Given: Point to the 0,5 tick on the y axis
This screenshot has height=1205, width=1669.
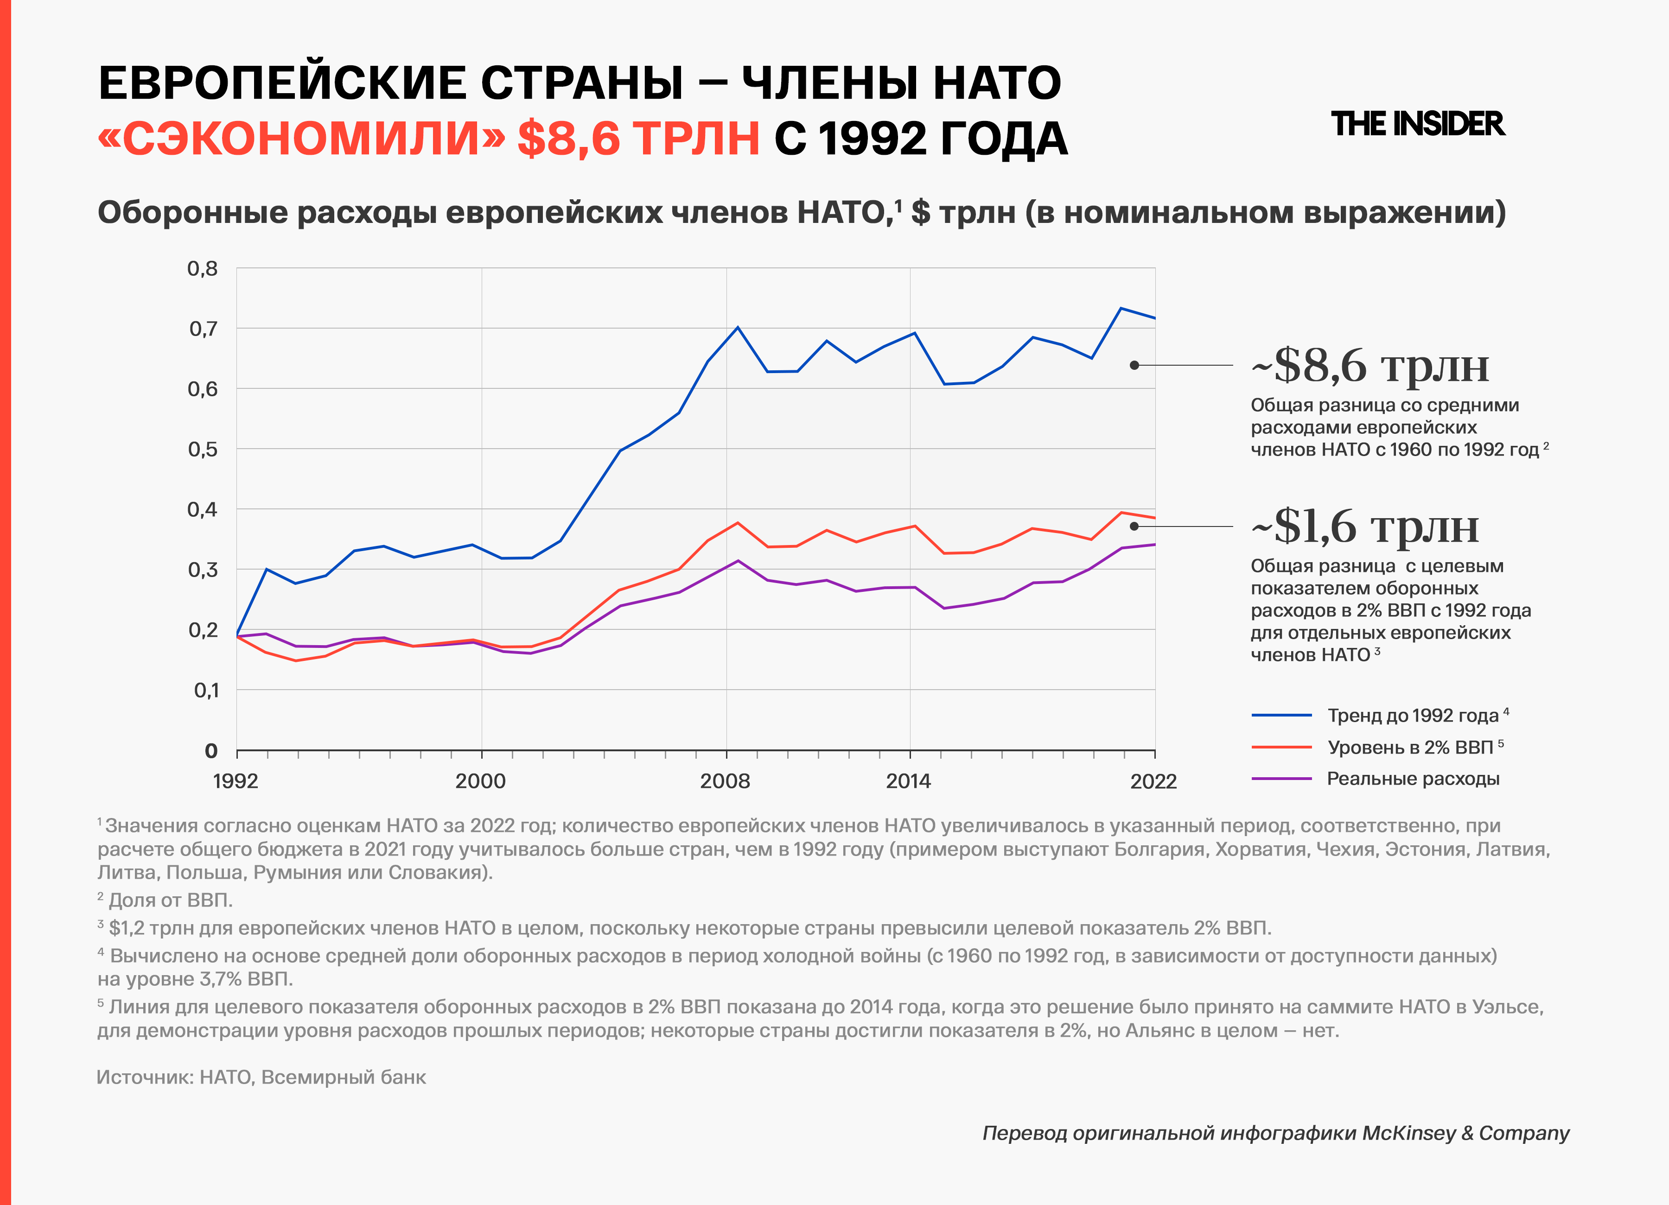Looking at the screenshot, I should [203, 449].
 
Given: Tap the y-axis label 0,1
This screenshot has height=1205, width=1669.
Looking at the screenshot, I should [206, 690].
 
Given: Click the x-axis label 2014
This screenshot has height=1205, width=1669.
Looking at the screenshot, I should [908, 781].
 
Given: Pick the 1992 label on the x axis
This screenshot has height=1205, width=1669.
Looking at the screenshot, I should [236, 781].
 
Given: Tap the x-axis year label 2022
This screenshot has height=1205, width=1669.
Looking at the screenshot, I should [1153, 781].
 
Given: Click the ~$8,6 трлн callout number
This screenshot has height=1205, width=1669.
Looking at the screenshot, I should [1370, 366].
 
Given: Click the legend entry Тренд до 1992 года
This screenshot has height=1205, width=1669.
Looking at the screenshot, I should [1413, 716].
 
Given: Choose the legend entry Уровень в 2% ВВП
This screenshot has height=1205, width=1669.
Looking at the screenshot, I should [1410, 748].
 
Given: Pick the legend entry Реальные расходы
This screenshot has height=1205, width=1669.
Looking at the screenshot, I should [1413, 779].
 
